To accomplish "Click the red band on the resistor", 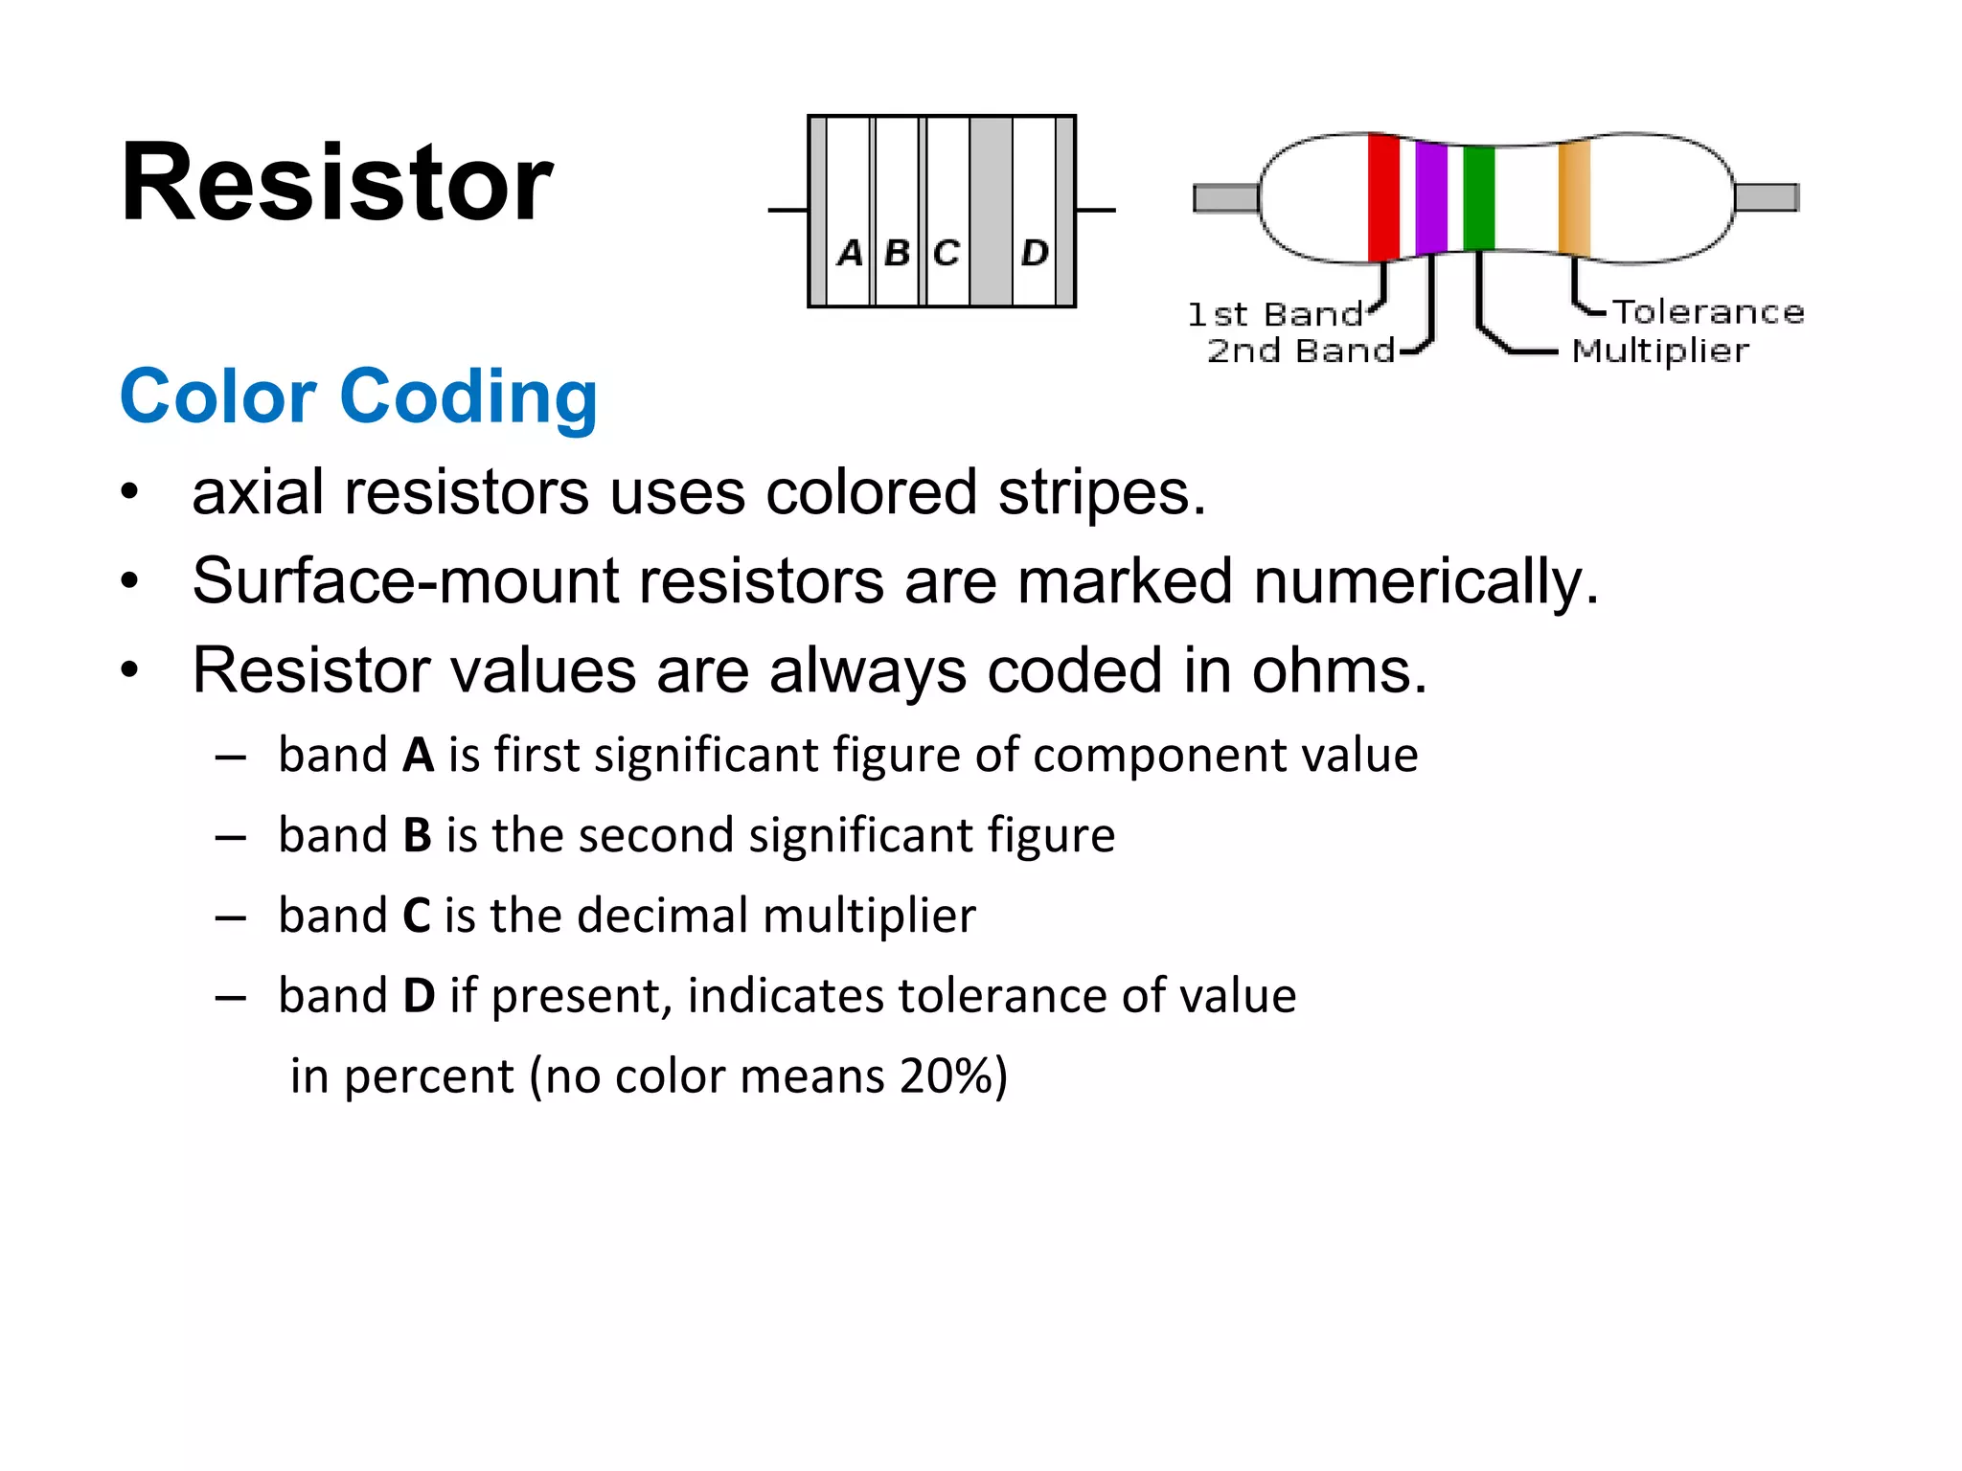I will click(x=1383, y=198).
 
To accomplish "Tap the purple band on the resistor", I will click(x=1430, y=198).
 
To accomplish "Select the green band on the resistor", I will click(x=1478, y=198).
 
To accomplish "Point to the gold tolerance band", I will click(x=1574, y=198).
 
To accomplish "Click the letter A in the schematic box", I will click(x=849, y=253).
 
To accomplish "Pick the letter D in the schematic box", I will click(x=1034, y=253).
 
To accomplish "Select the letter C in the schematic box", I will click(x=946, y=253).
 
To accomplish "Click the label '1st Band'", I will click(x=1274, y=314).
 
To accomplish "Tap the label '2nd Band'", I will click(x=1300, y=351).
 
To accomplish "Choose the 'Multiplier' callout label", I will click(x=1660, y=351).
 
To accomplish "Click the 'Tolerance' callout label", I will click(x=1708, y=312).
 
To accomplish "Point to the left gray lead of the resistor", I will click(x=1225, y=198).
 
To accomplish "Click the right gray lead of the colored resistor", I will click(x=1767, y=197).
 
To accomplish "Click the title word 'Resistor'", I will click(x=336, y=182).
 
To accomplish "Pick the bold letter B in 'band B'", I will click(x=417, y=835).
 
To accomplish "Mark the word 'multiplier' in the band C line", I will click(x=869, y=915).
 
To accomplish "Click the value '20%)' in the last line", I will click(x=953, y=1075).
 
